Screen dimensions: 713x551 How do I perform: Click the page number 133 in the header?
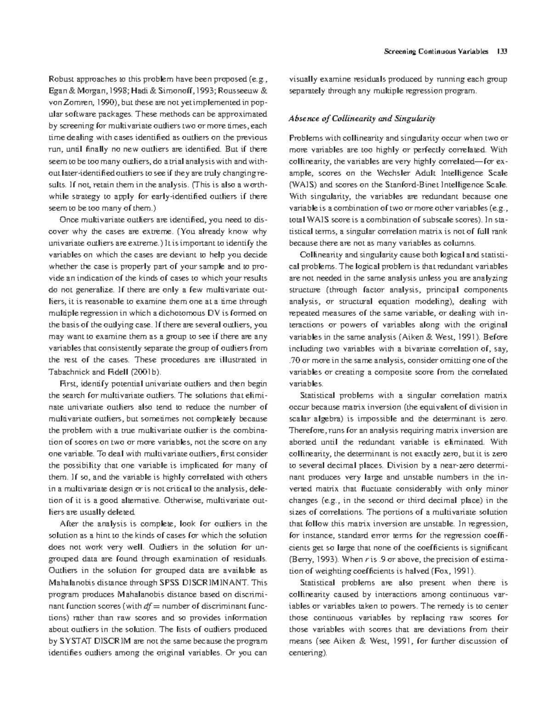coord(501,51)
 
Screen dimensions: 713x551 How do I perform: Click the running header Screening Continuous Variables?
coord(436,51)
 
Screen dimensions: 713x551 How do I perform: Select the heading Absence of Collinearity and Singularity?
coord(361,119)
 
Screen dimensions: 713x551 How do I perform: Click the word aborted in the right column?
coord(303,442)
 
